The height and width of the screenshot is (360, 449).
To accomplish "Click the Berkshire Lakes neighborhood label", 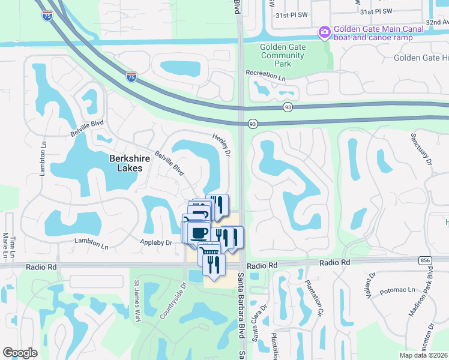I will coord(126,163).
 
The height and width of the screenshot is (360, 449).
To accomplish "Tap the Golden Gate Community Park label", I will coord(283,55).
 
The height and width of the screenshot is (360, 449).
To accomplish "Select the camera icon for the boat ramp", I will coord(325,31).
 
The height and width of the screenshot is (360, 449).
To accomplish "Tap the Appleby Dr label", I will coord(157,242).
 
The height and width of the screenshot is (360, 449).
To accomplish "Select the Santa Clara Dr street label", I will coord(256,323).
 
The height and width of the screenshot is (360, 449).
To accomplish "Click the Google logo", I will coord(20,353).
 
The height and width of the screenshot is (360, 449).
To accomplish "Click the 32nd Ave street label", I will coord(437,22).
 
